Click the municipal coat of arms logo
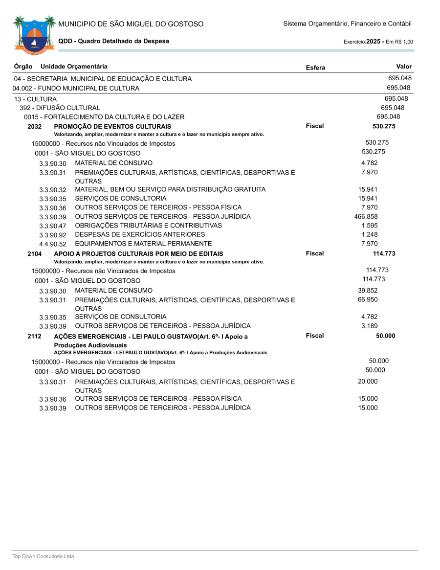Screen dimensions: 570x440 [34, 34]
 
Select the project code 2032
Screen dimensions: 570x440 [35, 127]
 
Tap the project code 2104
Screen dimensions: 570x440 [35, 254]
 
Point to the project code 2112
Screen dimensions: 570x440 [35, 336]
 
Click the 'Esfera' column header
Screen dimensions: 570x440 [315, 68]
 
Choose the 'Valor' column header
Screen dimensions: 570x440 [404, 67]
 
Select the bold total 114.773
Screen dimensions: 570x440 [384, 253]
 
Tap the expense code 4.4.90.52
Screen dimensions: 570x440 [53, 244]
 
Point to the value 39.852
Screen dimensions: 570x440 [368, 290]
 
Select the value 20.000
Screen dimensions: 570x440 [368, 382]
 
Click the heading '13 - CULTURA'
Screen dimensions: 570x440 [35, 99]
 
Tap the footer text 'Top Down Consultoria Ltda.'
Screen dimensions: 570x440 [44, 556]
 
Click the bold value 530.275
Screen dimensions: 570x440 [384, 126]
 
